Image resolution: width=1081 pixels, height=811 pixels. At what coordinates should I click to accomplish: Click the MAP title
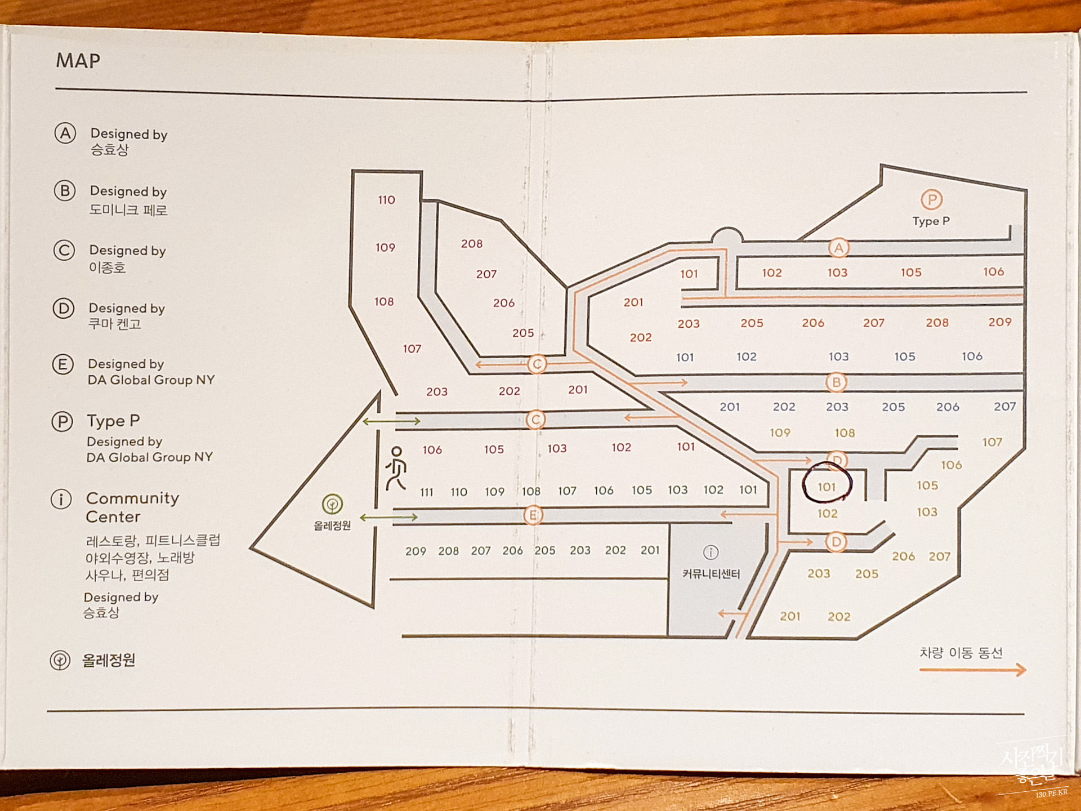tap(78, 61)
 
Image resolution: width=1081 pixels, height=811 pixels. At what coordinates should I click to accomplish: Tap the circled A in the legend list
tap(65, 133)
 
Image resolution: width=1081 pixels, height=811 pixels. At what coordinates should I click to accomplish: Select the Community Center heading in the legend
tap(132, 507)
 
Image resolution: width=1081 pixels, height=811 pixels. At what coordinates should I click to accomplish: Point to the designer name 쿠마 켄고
tap(115, 324)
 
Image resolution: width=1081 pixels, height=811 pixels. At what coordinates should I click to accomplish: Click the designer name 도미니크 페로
tap(128, 210)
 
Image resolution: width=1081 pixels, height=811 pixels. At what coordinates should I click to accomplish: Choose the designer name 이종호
tap(108, 268)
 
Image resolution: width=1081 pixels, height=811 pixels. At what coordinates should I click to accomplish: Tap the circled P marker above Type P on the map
tap(931, 200)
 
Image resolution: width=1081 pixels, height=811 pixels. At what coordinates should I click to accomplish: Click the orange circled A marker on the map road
tap(838, 248)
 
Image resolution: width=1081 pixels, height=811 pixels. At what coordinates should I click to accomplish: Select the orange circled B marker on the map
tap(837, 383)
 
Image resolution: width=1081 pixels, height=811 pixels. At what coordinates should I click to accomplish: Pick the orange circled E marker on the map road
tap(533, 515)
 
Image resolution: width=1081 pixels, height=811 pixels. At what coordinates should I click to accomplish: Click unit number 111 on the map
tap(427, 492)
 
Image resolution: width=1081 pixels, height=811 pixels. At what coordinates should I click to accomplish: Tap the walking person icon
tap(396, 468)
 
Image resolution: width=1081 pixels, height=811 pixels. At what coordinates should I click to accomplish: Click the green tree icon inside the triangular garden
tap(332, 503)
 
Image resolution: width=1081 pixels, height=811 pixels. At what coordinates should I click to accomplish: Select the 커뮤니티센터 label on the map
tap(711, 574)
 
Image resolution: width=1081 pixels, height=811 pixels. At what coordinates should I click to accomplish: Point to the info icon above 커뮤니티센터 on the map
tap(711, 552)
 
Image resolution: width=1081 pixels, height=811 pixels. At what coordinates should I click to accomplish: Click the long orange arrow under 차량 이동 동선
tap(972, 670)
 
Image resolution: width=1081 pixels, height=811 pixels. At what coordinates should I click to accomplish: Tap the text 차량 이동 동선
tap(961, 653)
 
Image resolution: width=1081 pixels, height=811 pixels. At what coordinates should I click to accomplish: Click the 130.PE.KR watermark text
tap(1051, 794)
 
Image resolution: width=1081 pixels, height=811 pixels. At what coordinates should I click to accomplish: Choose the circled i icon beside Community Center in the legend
tap(61, 499)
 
